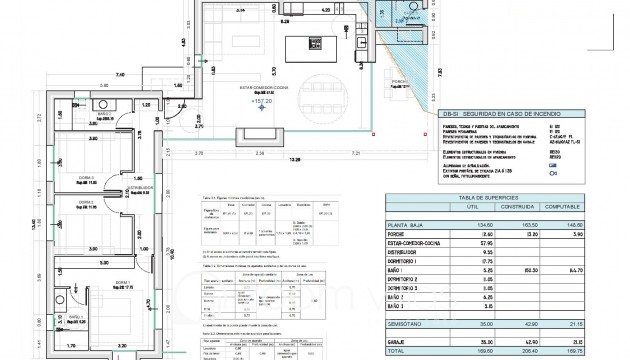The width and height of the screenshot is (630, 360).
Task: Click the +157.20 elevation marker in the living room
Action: click(264, 102)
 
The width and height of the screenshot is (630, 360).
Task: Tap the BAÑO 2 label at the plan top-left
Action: click(105, 114)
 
